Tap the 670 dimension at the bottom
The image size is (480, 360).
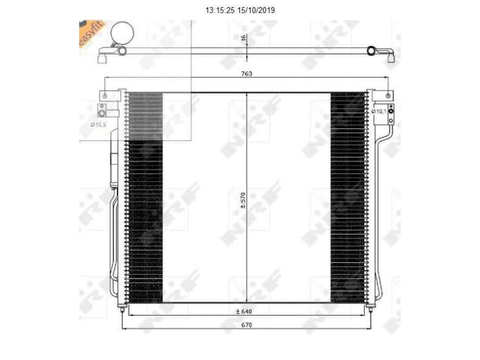pos(247,325)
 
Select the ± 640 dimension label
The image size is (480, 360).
pos(243,311)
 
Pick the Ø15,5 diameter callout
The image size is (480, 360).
pos(98,124)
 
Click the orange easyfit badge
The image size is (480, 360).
pos(91,36)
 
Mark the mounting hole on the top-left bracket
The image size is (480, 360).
pos(105,96)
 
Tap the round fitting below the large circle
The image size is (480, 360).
pos(122,52)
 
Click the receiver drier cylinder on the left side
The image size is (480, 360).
pos(112,162)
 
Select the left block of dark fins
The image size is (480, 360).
pos(144,198)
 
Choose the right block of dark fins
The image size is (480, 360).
pos(347,198)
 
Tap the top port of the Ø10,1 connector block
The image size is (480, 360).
pos(390,108)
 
